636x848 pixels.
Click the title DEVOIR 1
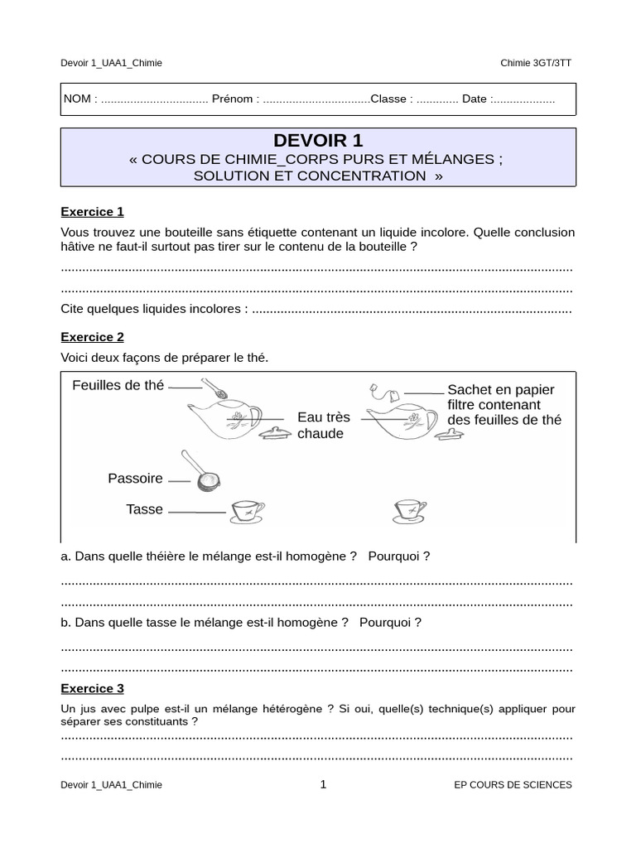(x=318, y=141)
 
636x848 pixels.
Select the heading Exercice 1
(x=92, y=211)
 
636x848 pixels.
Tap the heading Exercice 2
(x=92, y=337)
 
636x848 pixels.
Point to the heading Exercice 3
(x=92, y=688)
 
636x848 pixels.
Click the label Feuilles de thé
(x=118, y=385)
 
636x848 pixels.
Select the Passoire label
(x=135, y=479)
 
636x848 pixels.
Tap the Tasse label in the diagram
(x=144, y=509)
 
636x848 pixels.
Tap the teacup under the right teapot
(x=408, y=511)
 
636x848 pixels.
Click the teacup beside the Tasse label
(x=246, y=511)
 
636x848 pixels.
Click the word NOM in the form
(x=77, y=99)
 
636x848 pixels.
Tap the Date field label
(x=475, y=99)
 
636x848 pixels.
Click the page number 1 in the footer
(x=324, y=784)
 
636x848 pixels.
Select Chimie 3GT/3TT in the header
(x=536, y=63)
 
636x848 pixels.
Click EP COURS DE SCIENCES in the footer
(x=513, y=785)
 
